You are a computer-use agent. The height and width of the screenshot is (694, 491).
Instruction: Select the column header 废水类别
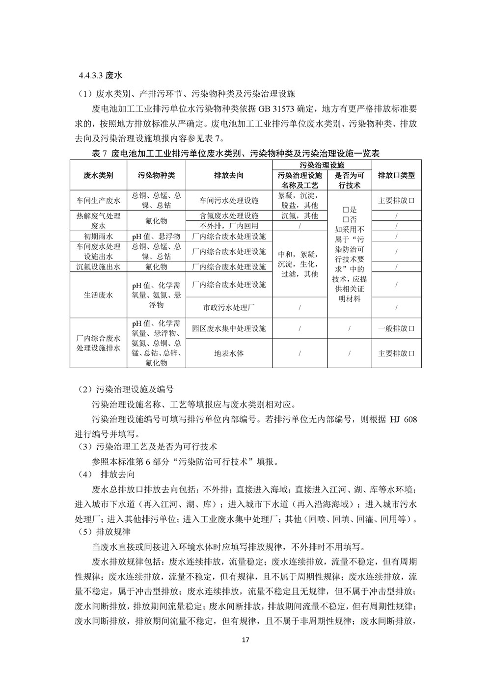point(98,175)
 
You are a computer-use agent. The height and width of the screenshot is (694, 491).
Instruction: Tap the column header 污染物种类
point(156,175)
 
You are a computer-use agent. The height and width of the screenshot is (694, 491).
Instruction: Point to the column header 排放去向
point(229,175)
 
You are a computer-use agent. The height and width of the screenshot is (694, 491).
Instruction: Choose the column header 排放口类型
point(396,175)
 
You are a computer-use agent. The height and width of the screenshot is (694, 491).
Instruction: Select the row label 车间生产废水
point(98,201)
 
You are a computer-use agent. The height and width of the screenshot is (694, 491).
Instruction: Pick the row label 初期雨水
point(98,237)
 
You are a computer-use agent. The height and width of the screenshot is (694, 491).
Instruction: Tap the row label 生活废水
point(98,295)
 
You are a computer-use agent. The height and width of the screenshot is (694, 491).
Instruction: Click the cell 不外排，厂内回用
point(229,226)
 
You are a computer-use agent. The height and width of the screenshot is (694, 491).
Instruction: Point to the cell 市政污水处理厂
point(229,308)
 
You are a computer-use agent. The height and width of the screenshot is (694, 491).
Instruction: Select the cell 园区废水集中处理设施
point(229,328)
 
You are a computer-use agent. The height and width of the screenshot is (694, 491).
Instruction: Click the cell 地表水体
point(229,353)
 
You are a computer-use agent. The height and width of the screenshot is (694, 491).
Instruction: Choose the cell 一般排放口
point(396,328)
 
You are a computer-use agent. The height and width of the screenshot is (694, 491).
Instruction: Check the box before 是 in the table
point(346,210)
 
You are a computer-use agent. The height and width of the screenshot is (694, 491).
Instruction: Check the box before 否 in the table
point(346,219)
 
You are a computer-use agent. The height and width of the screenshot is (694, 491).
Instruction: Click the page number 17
point(246,641)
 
